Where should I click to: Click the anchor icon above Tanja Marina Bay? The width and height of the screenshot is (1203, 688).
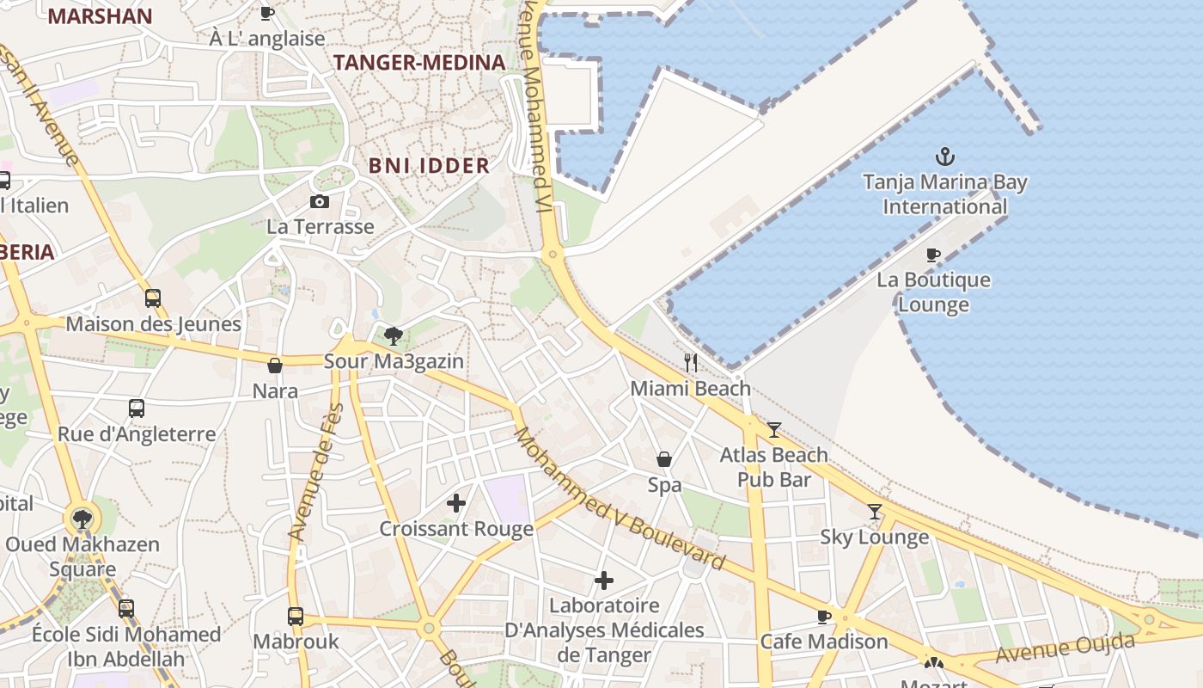coord(945,157)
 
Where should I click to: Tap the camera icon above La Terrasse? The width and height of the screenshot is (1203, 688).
coord(319,202)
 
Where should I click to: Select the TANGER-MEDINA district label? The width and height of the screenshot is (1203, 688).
coord(418,63)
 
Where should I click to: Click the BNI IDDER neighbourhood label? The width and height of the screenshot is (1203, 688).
coord(429,166)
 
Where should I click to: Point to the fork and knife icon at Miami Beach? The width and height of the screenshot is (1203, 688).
coord(691,362)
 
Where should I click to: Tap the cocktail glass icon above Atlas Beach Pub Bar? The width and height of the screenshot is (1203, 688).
coord(774,429)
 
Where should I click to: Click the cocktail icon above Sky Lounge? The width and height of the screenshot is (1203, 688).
coord(875,512)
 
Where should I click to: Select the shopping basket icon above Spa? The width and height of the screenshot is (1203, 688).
coord(664,459)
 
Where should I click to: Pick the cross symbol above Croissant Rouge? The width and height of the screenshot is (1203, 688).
coord(456,503)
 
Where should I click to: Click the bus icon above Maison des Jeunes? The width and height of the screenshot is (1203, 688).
coord(153,298)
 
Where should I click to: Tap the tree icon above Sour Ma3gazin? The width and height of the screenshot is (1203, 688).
coord(394,335)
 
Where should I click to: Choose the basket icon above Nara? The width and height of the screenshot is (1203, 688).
coord(275,365)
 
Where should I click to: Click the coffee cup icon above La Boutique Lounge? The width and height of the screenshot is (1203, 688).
coord(933,255)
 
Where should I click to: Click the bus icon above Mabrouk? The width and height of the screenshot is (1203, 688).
coord(296,616)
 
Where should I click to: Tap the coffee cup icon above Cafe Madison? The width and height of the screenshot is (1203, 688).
coord(824,617)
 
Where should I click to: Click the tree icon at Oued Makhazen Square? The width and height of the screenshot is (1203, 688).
coord(82,519)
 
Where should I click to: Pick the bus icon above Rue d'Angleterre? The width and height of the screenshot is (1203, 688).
coord(137,408)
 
